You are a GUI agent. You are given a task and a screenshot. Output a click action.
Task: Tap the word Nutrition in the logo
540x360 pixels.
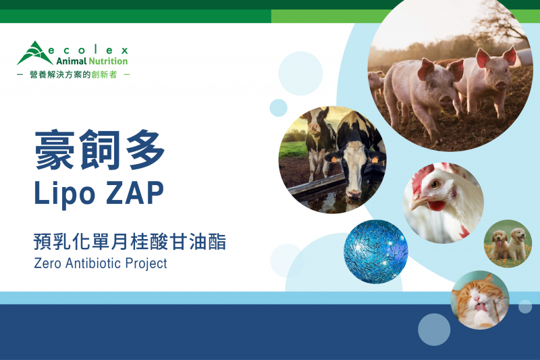(108, 61)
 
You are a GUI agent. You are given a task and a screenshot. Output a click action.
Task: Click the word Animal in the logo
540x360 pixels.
(72, 61)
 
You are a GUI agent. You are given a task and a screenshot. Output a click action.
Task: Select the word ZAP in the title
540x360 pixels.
(134, 193)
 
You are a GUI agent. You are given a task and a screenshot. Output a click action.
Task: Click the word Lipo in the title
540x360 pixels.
(64, 195)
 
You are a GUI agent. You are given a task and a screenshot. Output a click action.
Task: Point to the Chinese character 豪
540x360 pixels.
(55, 149)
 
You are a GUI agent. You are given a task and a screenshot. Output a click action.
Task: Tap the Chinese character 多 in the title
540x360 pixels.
(145, 149)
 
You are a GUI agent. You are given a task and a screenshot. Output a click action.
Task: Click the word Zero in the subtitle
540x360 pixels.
(48, 263)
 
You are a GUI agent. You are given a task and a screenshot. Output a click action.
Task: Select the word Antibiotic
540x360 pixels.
(93, 263)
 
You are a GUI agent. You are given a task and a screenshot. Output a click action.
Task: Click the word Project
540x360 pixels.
(146, 264)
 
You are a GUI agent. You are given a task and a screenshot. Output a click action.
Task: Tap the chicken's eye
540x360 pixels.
(435, 184)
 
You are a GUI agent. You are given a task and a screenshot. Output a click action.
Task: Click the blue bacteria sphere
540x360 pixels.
(376, 251)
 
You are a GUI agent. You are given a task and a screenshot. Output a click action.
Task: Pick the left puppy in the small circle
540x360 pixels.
(499, 245)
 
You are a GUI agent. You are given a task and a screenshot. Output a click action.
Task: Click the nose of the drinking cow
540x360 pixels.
(353, 193)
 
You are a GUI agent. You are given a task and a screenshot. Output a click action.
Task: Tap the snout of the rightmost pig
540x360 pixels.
(500, 84)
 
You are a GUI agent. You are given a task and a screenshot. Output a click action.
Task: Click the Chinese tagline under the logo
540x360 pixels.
(74, 74)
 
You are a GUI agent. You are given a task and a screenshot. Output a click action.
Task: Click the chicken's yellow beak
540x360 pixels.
(416, 204)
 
